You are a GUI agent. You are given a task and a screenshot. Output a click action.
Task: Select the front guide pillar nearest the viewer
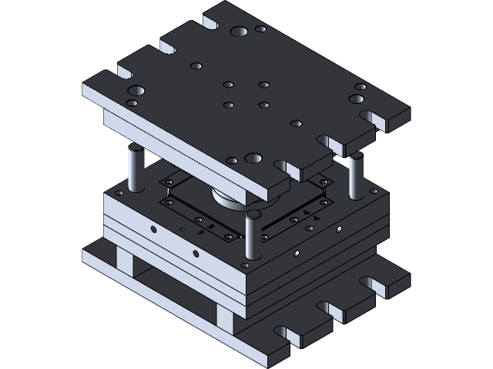point(250,235)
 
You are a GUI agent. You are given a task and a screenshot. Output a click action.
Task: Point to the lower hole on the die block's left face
point(196,253)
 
